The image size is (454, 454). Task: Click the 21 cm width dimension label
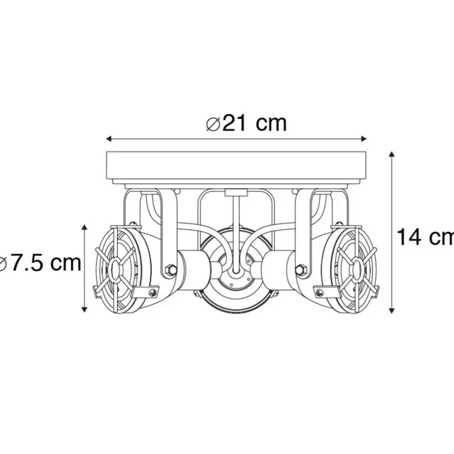click(x=246, y=123)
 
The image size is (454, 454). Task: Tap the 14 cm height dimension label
click(x=425, y=237)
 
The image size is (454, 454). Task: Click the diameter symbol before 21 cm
click(x=213, y=124)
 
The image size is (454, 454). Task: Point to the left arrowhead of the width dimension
click(x=109, y=139)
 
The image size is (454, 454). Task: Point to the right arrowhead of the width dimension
click(x=364, y=139)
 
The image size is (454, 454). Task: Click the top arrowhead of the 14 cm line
click(x=392, y=154)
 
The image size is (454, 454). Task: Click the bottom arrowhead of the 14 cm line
click(x=392, y=311)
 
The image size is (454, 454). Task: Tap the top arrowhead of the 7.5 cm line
click(x=84, y=227)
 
